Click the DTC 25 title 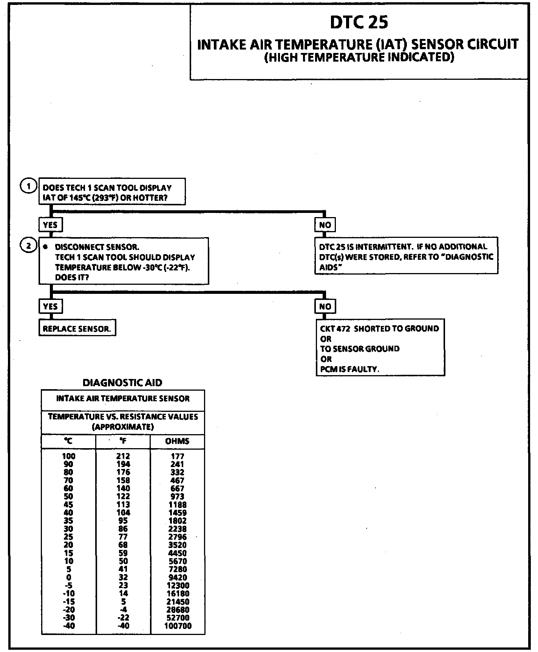pos(359,23)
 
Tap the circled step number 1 pos(28,186)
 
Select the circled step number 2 pos(28,246)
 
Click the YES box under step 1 pos(50,225)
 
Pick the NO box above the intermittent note pos(325,225)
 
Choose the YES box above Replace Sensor pos(50,306)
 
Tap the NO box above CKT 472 pos(325,306)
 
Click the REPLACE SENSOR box pos(77,329)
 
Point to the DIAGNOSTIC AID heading pos(122,383)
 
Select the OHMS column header pos(177,441)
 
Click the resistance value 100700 pos(178,626)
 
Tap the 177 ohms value pos(177,456)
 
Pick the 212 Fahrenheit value pos(123,456)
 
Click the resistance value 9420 pos(177,577)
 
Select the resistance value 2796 pos(177,537)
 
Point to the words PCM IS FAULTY pos(349,369)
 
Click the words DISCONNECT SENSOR pos(97,247)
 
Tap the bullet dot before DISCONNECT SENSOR pos(46,247)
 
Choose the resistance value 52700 pos(178,618)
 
